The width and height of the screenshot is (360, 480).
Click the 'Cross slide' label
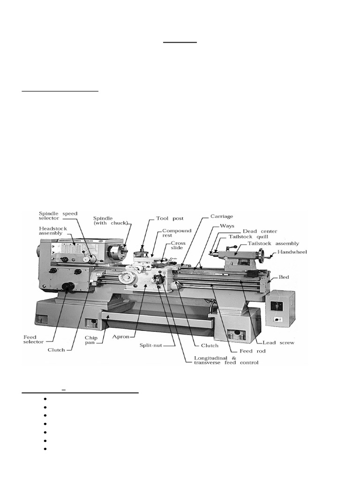tap(179, 246)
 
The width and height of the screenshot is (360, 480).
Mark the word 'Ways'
tap(227, 225)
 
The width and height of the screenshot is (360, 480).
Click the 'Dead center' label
tap(260, 231)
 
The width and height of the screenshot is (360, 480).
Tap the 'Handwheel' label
tap(292, 252)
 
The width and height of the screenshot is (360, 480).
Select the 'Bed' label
tap(284, 277)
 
